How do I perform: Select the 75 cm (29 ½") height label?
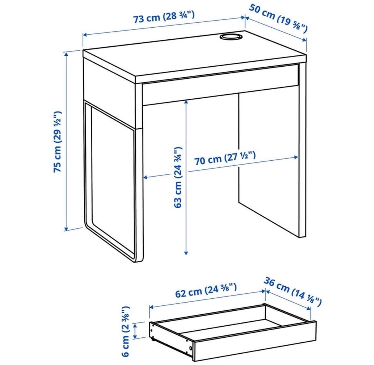(58, 142)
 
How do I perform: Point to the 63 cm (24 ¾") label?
(178, 177)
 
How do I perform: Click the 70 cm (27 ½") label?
(225, 158)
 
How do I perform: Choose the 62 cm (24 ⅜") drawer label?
(206, 290)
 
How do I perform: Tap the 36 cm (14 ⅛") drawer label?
(293, 292)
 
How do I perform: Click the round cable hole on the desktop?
(230, 37)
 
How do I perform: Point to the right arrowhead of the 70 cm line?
(296, 157)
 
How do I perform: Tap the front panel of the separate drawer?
(254, 340)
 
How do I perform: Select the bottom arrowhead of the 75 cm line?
(67, 229)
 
